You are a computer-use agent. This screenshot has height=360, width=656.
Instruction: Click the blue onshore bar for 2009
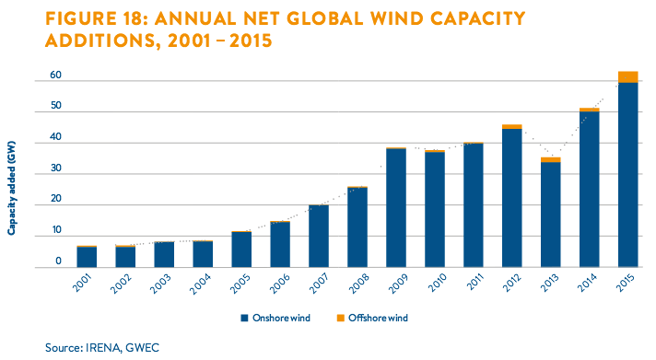point(396,208)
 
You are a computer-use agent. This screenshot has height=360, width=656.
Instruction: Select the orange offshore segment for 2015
point(628,77)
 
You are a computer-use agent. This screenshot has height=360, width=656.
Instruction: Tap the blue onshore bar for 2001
point(87,257)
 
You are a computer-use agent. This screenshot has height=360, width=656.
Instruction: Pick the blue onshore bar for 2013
point(551,215)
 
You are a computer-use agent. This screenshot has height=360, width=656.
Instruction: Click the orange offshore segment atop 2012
point(512,127)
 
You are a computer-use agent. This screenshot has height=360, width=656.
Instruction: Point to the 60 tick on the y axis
point(55,75)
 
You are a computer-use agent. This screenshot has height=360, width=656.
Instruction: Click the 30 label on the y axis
point(55,168)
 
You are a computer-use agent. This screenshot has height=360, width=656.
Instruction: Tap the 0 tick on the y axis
point(59,261)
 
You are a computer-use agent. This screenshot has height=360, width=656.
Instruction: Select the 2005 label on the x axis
point(240,285)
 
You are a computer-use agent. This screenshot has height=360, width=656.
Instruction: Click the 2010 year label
point(437,283)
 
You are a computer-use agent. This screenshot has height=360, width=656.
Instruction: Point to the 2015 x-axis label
point(626,283)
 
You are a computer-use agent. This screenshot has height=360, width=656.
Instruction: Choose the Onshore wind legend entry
point(275,319)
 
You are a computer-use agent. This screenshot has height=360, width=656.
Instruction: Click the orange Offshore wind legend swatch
point(341,319)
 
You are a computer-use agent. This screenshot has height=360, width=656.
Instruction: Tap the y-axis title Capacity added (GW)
point(11,188)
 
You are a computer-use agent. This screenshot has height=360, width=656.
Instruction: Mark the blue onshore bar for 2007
point(319,237)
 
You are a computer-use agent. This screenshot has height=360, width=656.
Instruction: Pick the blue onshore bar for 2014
point(589,190)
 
